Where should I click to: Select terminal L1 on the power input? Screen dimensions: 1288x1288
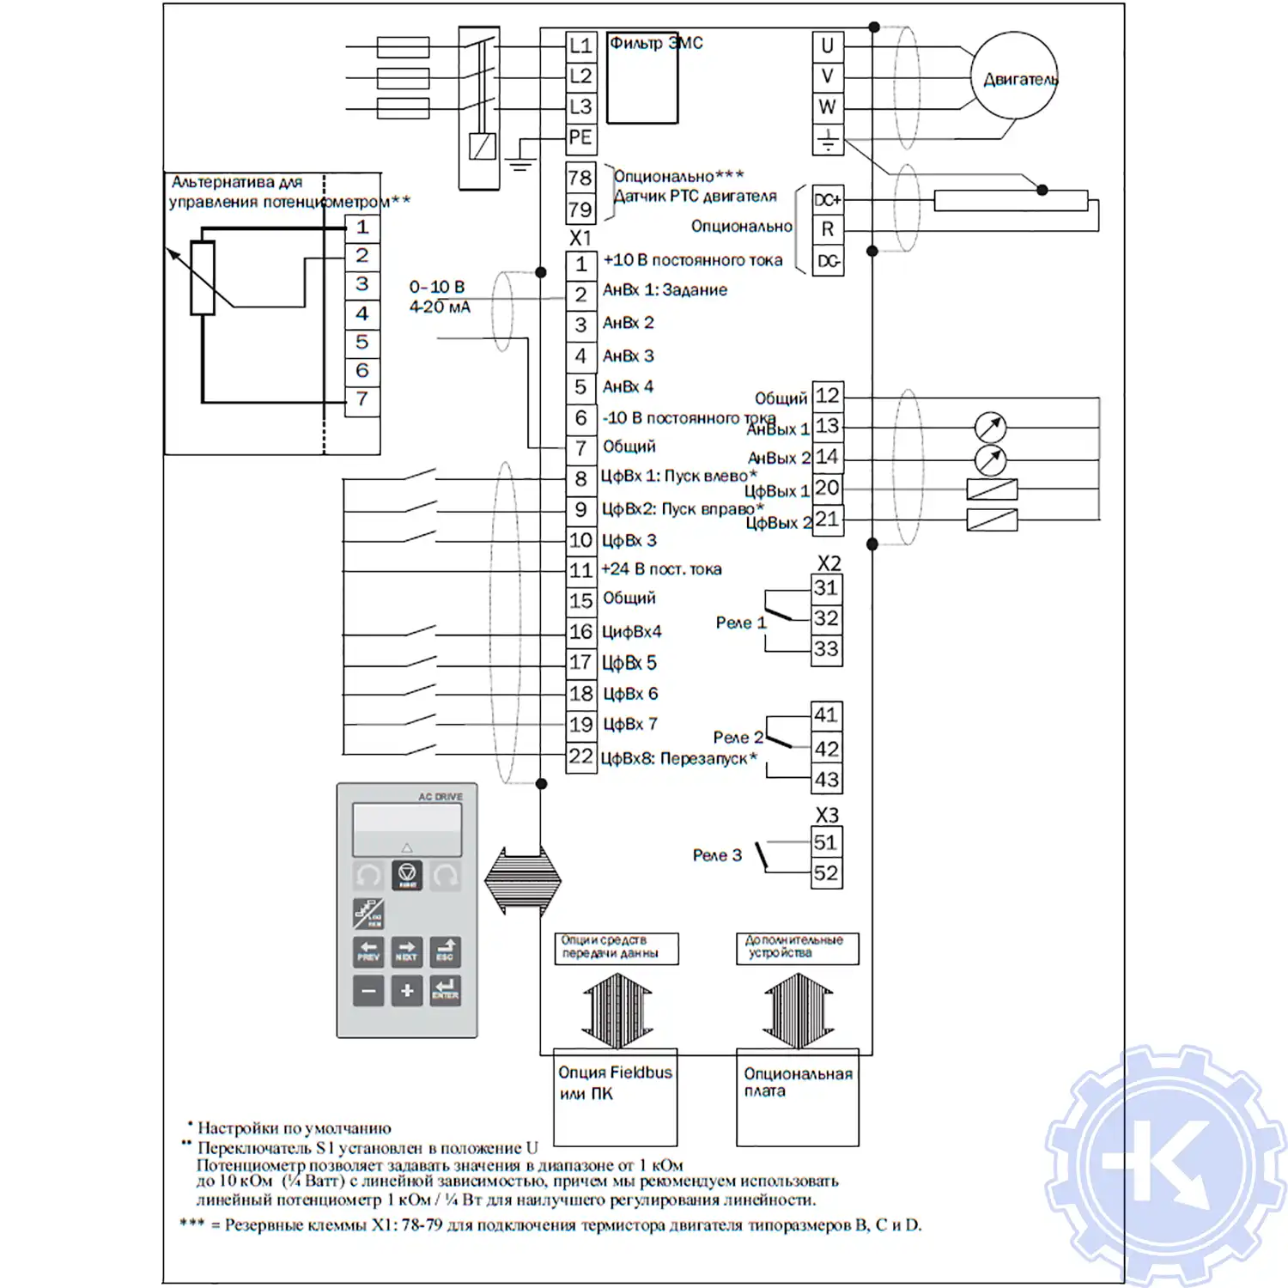pyautogui.click(x=580, y=46)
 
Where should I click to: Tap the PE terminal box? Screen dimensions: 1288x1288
pyautogui.click(x=580, y=137)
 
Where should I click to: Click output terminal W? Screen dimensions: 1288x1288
pyautogui.click(x=828, y=107)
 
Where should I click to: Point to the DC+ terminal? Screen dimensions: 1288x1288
pyautogui.click(x=828, y=200)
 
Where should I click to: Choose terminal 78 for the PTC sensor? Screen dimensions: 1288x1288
pyautogui.click(x=580, y=178)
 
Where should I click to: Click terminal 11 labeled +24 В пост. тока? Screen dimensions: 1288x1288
pyautogui.click(x=581, y=570)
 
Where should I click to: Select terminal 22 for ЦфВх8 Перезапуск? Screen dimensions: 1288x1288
pyautogui.click(x=581, y=756)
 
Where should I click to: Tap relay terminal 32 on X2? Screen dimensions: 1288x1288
pyautogui.click(x=826, y=618)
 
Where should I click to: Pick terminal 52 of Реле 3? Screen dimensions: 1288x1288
pyautogui.click(x=826, y=873)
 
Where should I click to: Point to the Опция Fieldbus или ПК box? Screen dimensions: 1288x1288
pyautogui.click(x=615, y=1097)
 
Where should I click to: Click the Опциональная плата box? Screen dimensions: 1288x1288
pyautogui.click(x=798, y=1097)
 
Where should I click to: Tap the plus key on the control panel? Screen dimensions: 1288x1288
pyautogui.click(x=407, y=991)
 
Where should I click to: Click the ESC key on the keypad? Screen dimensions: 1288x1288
pyautogui.click(x=445, y=951)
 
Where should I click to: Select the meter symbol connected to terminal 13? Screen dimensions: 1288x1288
pyautogui.click(x=990, y=427)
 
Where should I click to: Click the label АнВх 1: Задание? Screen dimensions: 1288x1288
pyautogui.click(x=665, y=290)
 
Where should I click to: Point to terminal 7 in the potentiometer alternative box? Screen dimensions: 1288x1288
pyautogui.click(x=362, y=399)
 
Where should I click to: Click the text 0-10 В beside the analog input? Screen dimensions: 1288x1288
pyautogui.click(x=437, y=287)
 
